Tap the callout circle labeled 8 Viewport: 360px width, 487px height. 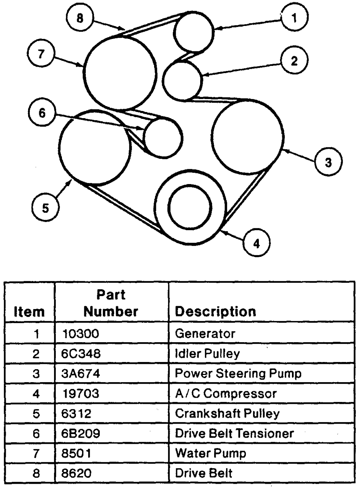[80, 18]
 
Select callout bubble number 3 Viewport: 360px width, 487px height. [328, 162]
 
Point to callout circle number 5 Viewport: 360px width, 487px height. [45, 207]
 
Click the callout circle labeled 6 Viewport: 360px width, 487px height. [42, 113]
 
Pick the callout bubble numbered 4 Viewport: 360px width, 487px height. [256, 243]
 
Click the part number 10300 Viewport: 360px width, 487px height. [81, 334]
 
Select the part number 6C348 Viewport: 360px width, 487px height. [81, 353]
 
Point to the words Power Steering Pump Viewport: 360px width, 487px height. [238, 374]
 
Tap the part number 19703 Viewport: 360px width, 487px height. [81, 393]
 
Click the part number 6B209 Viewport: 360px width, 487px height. [81, 433]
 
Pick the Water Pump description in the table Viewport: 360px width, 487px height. [211, 454]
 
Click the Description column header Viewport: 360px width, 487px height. [216, 312]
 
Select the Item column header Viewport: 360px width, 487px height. [29, 312]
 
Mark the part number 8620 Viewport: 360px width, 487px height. [76, 473]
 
